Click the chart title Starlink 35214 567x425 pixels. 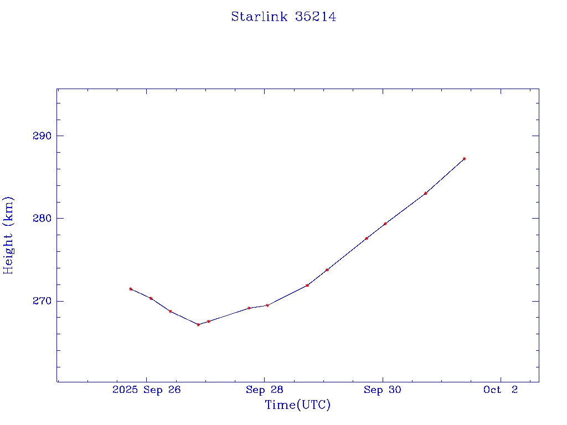[x=283, y=17]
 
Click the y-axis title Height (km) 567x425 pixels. [x=8, y=235]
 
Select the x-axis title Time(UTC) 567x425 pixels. [x=297, y=405]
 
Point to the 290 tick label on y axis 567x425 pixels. [x=42, y=136]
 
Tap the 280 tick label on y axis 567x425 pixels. [x=42, y=218]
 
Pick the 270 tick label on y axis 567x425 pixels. [x=42, y=301]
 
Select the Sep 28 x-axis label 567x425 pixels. [x=265, y=390]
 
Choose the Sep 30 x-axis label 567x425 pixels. [x=382, y=390]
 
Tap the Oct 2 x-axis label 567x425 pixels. [x=501, y=390]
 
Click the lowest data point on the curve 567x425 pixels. [x=198, y=324]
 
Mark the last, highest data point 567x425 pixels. [x=464, y=159]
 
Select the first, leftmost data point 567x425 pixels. [x=131, y=289]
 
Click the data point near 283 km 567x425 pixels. [x=425, y=193]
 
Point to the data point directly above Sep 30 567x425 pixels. [x=385, y=224]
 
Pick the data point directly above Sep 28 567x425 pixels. [x=267, y=305]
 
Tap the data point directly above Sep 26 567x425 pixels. [x=151, y=298]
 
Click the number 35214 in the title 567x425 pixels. [x=316, y=17]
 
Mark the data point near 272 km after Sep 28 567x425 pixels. [x=307, y=285]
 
